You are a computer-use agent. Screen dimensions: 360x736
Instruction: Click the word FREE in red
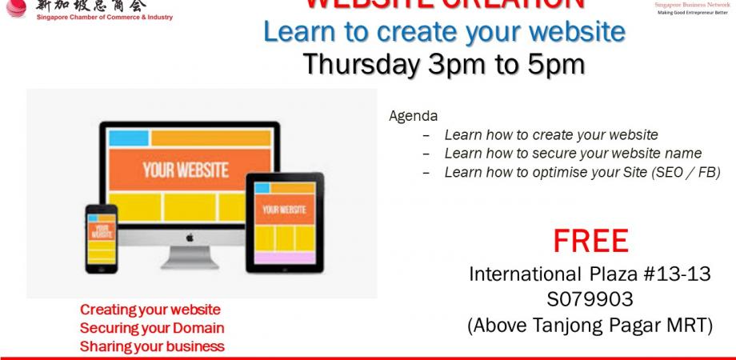(590, 241)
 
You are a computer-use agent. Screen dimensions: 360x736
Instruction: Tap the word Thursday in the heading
(358, 65)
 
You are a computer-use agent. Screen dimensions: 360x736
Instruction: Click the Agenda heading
(413, 116)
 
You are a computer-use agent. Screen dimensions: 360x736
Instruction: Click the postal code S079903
(590, 300)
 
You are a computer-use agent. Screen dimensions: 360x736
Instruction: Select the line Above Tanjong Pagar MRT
(590, 326)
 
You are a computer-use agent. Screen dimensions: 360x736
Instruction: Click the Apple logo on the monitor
(190, 238)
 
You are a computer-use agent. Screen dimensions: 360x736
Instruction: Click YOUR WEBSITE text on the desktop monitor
(185, 170)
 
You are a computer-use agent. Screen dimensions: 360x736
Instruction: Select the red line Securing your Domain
(152, 328)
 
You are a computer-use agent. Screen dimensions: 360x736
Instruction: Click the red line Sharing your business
(152, 346)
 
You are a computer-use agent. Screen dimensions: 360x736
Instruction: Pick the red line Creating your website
(150, 310)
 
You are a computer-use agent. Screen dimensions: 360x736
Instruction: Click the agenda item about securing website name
(573, 153)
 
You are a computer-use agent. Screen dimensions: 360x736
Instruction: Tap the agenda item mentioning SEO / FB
(582, 172)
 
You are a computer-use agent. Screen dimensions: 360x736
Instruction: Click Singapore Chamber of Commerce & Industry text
(103, 18)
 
